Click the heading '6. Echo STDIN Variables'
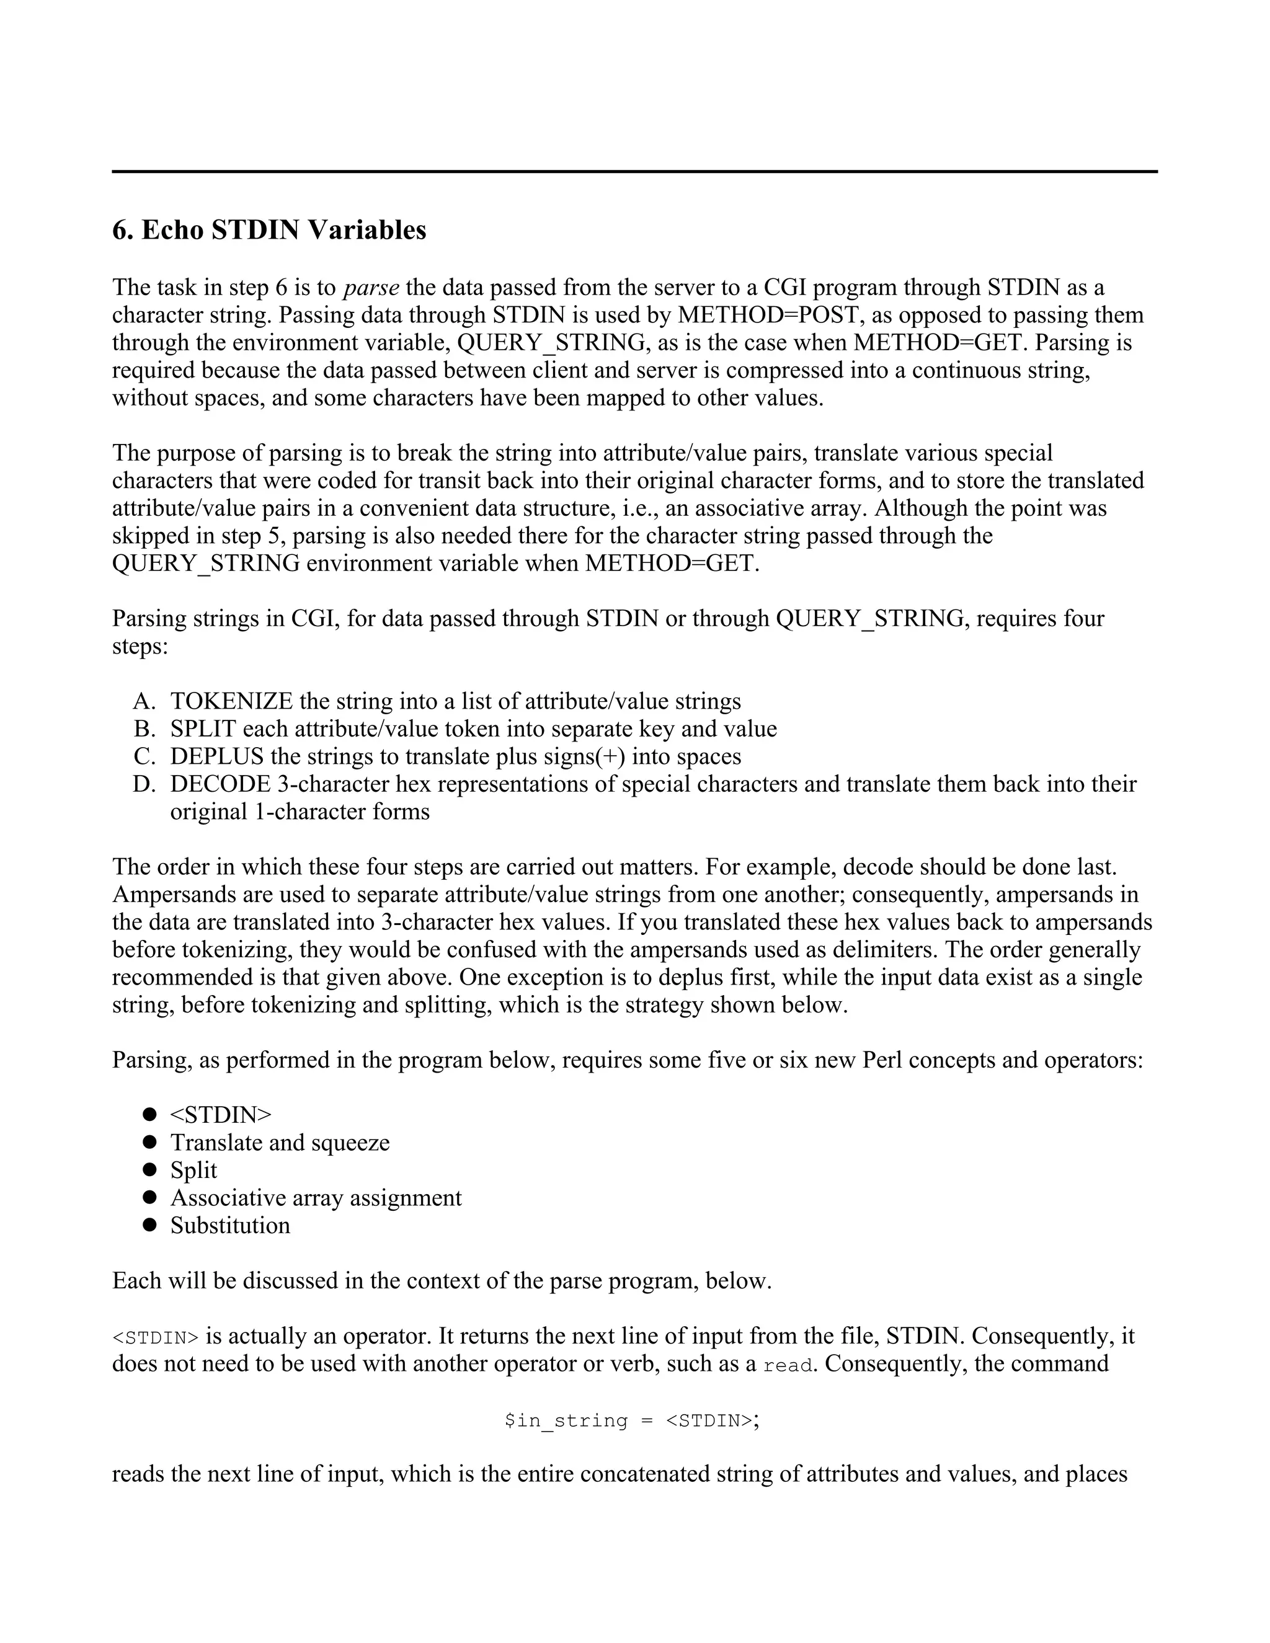point(269,230)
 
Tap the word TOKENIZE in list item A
point(231,701)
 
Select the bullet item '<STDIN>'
point(220,1114)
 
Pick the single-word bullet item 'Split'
point(193,1170)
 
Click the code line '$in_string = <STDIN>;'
point(632,1420)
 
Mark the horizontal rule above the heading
point(634,172)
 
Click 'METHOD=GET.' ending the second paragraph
point(672,564)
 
